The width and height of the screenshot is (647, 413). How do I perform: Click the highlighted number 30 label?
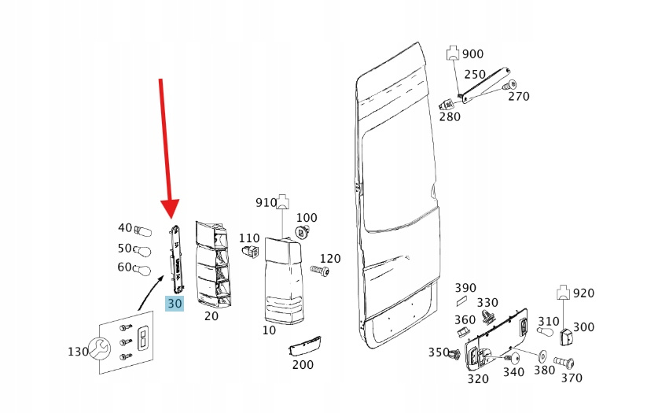(x=175, y=304)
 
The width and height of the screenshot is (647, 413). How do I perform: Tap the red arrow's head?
(x=170, y=208)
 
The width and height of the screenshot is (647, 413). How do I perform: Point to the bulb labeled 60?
(x=142, y=270)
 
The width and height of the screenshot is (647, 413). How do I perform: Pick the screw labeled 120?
(x=320, y=271)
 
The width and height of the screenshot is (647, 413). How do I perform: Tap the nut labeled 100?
(x=303, y=232)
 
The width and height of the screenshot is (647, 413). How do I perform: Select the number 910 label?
(x=267, y=202)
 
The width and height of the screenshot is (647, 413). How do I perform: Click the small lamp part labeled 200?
(x=305, y=345)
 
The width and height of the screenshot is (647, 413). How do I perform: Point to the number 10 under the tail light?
(x=269, y=330)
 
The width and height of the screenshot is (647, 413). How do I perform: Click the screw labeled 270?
(x=509, y=85)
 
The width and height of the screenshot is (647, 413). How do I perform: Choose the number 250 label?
(x=475, y=74)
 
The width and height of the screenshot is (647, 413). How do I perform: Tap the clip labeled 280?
(x=446, y=104)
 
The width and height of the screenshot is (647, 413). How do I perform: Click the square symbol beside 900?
(x=453, y=53)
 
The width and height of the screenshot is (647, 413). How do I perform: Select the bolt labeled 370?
(x=564, y=363)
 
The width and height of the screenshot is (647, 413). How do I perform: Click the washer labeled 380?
(x=542, y=356)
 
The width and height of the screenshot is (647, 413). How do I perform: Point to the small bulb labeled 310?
(x=545, y=331)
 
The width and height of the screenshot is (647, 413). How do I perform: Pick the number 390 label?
(x=465, y=288)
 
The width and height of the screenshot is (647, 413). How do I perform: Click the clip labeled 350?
(x=454, y=355)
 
